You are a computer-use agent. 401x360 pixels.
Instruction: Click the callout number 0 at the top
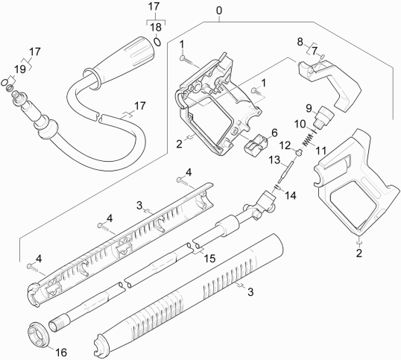[218, 10]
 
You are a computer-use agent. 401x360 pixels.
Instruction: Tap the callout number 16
[61, 352]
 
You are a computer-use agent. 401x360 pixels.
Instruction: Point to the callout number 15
[209, 258]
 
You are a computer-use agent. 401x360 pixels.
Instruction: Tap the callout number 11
[322, 150]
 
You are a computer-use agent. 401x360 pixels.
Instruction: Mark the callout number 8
[300, 41]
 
